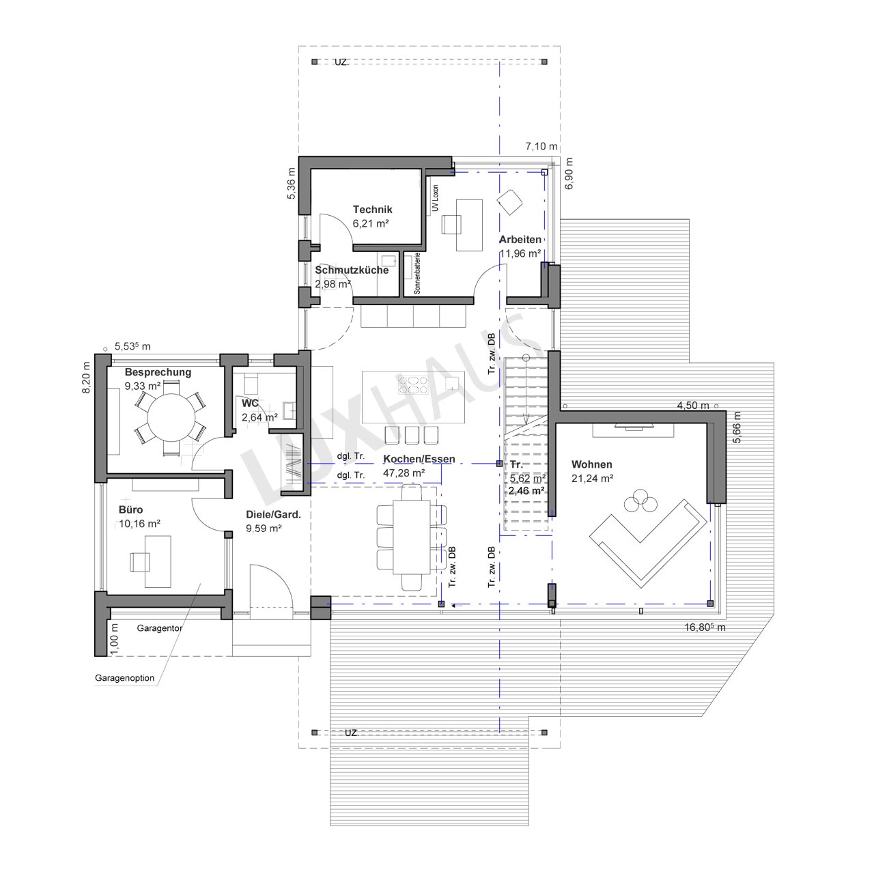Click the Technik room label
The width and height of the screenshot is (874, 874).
372,210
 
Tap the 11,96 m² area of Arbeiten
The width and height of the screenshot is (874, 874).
520,253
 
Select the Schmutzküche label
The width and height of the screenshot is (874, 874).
352,270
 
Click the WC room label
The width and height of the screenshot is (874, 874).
250,404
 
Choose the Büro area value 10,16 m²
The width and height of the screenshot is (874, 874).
139,524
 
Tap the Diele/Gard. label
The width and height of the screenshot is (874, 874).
274,514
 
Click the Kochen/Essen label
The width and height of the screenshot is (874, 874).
419,459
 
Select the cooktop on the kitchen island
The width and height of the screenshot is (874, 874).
412,385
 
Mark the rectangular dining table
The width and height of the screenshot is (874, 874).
411,537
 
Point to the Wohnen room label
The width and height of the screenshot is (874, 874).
591,464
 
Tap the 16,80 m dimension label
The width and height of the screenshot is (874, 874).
705,628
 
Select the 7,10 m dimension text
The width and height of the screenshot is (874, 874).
541,147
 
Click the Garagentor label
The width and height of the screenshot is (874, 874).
160,628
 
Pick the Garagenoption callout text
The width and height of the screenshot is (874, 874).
125,678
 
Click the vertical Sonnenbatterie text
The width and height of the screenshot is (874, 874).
417,274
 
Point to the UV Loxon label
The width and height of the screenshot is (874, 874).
436,198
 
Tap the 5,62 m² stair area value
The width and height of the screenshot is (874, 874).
528,479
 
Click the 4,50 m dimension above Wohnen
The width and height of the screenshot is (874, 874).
693,406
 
